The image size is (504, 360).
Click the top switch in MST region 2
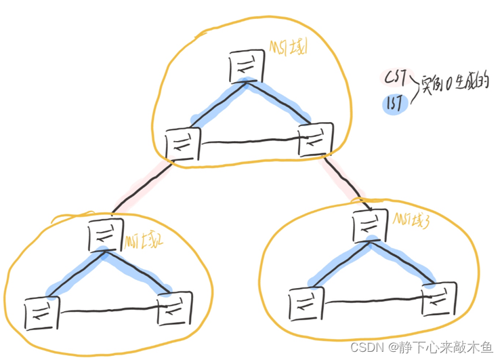tap(104, 235)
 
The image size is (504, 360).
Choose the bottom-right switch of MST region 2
tap(175, 310)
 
